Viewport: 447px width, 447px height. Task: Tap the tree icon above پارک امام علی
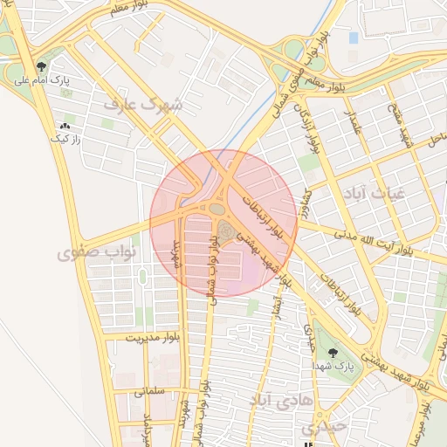pyautogui.click(x=41, y=67)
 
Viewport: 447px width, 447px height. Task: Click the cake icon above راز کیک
pyautogui.click(x=65, y=127)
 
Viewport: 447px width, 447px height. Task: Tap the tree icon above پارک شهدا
pyautogui.click(x=333, y=353)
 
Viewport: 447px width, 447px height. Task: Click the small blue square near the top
pyautogui.click(x=353, y=38)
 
